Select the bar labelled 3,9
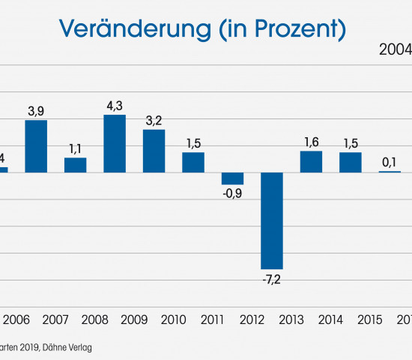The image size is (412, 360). point(36,146)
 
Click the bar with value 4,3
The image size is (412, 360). point(115,143)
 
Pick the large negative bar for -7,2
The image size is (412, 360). point(271,220)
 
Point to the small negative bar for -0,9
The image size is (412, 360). point(232,178)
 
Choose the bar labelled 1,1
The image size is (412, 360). point(75,165)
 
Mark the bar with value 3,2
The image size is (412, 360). point(154,151)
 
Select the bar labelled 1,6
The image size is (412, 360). point(311,162)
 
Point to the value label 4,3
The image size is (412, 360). point(115,103)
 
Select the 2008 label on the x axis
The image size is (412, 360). point(95,320)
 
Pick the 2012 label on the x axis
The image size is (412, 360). point(252,320)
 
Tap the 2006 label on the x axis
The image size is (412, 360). point(16,320)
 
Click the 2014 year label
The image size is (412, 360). point(330,320)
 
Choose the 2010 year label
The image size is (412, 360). point(173,320)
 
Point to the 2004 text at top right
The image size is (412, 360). point(394,50)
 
